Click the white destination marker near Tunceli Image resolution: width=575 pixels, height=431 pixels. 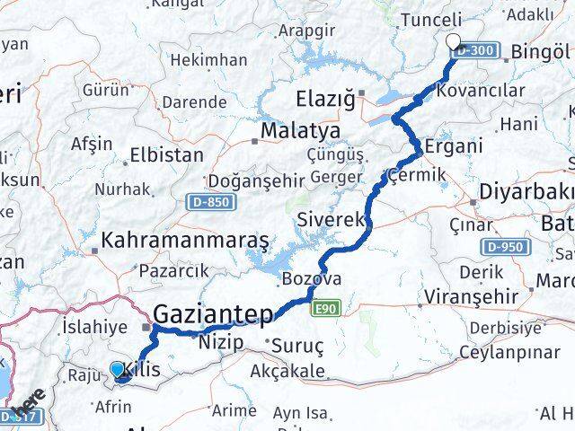(454, 41)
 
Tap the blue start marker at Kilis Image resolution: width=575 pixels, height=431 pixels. (117, 369)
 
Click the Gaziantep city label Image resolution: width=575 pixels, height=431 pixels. (212, 314)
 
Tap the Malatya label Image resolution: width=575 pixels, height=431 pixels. (287, 132)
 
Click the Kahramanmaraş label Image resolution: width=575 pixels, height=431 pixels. (186, 241)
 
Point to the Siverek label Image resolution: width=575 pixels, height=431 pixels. (331, 219)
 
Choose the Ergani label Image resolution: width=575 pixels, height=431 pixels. (454, 145)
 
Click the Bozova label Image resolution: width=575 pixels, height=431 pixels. (311, 279)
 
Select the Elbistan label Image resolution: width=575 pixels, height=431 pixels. (166, 154)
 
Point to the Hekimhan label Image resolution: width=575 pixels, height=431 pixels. (208, 60)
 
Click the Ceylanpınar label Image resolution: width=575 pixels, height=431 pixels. (515, 352)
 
